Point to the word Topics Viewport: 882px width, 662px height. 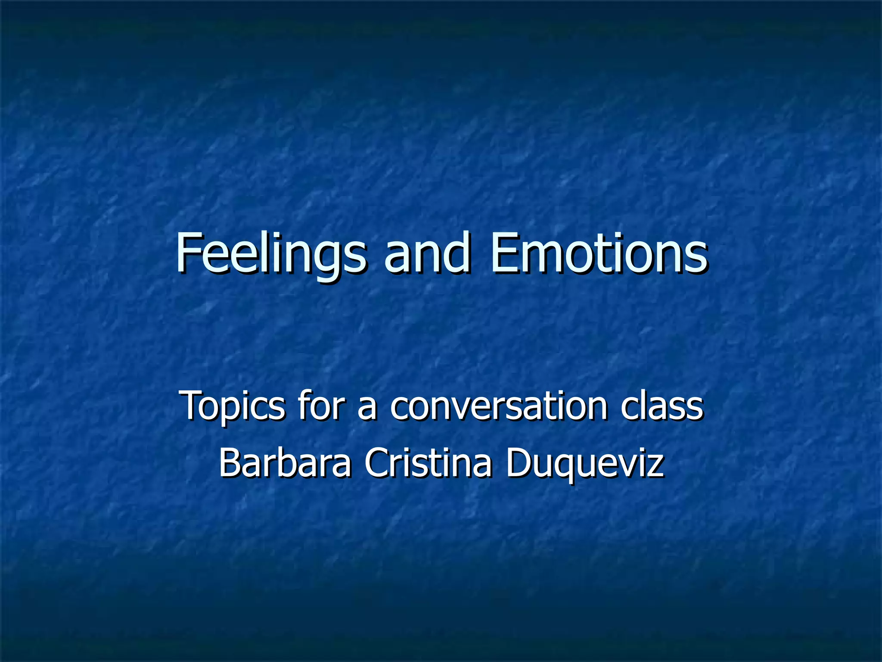pos(233,406)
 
